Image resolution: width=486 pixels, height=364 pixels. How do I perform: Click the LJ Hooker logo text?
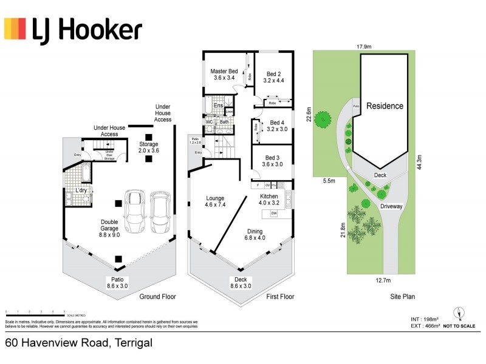[x=87, y=29]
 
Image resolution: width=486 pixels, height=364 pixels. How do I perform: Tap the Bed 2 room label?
[x=274, y=76]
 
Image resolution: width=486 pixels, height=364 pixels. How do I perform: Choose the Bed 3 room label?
[x=272, y=160]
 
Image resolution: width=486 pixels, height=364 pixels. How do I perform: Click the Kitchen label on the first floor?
[x=269, y=201]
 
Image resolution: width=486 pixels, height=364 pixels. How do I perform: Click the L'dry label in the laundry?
[x=81, y=191]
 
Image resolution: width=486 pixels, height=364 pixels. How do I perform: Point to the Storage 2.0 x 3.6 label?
[x=148, y=147]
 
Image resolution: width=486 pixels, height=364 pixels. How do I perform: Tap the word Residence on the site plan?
[x=385, y=106]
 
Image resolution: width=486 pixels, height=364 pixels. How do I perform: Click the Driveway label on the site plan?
[x=392, y=206]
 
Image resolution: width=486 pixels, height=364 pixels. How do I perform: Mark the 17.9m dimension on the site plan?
[x=364, y=45]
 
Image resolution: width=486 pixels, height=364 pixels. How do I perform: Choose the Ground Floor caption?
[x=158, y=297]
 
